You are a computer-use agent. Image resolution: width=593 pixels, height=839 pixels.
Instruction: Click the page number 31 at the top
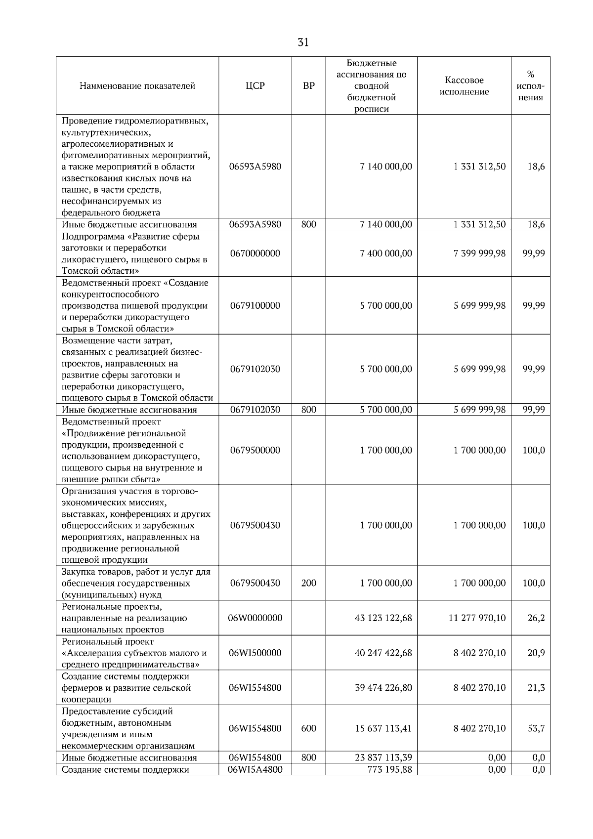[303, 42]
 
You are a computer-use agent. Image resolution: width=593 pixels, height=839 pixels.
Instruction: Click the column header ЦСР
[255, 86]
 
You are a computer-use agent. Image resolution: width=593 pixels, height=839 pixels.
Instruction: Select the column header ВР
[308, 86]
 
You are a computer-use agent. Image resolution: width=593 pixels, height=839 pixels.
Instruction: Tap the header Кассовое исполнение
[464, 86]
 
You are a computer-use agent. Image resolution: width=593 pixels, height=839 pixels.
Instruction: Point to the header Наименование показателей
[137, 86]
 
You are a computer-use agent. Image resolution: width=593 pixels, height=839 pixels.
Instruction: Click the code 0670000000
[255, 253]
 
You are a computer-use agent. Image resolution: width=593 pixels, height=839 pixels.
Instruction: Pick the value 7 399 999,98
[479, 253]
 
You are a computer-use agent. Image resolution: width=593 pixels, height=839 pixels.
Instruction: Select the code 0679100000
[255, 305]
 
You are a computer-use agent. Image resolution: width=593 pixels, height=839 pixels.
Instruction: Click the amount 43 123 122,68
[383, 618]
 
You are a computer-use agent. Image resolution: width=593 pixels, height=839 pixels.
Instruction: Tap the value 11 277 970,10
[477, 618]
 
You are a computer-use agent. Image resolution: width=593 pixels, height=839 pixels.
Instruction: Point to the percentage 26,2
[536, 618]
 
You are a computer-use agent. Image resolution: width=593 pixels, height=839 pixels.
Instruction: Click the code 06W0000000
[255, 618]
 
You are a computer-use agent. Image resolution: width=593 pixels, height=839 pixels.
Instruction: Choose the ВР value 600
[308, 728]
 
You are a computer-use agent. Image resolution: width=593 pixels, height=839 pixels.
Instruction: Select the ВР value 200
[308, 583]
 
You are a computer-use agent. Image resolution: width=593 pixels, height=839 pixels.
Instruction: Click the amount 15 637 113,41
[383, 728]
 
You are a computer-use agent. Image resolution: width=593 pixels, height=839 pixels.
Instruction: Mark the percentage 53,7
[536, 728]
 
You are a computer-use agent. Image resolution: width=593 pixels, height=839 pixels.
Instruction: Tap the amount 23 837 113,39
[383, 757]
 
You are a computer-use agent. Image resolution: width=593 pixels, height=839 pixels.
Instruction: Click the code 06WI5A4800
[255, 769]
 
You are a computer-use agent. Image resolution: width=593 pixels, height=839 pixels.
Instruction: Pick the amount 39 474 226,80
[383, 688]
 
